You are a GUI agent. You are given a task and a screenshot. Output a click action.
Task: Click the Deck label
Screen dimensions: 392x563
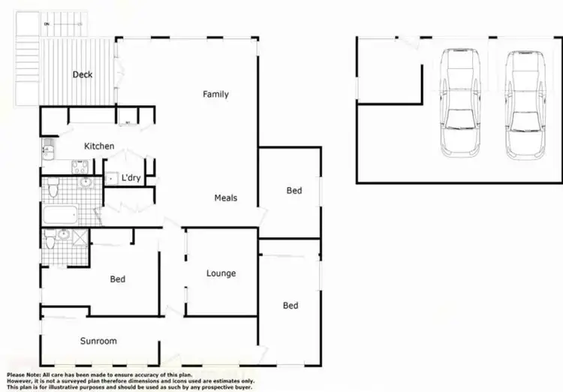[x=82, y=74]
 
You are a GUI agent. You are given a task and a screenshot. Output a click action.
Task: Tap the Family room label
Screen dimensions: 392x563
[x=215, y=95]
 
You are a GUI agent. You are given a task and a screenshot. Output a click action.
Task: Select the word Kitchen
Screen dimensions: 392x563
[x=99, y=146]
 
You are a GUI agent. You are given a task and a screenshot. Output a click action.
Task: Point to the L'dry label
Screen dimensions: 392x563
[x=131, y=178]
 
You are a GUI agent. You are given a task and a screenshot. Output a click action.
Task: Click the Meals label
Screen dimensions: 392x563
[x=226, y=198]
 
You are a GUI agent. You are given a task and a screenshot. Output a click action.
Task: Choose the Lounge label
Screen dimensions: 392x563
[x=221, y=273]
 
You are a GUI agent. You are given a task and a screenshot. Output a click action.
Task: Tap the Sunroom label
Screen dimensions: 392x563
[x=98, y=341]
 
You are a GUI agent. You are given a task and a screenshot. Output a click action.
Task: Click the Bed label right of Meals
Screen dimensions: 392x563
[x=294, y=191]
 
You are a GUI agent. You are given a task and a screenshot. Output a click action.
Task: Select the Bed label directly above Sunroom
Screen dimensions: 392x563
[x=118, y=279]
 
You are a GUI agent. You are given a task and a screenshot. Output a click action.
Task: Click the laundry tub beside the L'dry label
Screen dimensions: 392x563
[x=110, y=179]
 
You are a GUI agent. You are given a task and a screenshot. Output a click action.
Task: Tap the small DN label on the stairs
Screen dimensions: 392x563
[x=47, y=25]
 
